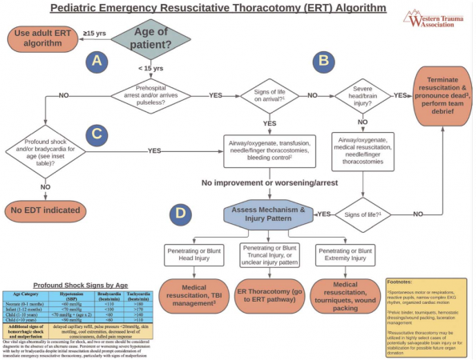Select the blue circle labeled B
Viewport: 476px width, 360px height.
tap(323, 60)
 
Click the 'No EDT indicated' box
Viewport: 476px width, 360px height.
tap(46, 211)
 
